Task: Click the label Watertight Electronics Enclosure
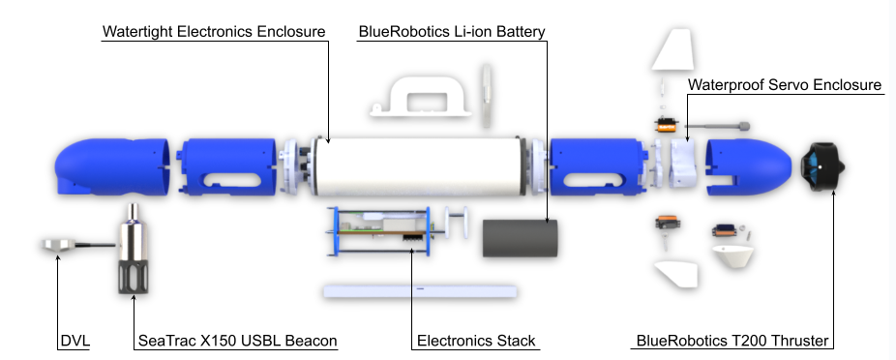click(214, 31)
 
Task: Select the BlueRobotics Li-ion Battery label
click(452, 31)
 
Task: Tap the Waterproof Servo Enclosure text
click(785, 85)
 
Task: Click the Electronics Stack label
click(475, 341)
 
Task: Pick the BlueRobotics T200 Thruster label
click(733, 341)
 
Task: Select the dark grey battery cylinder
click(521, 238)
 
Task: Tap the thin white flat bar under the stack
click(418, 289)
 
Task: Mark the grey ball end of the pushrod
click(745, 126)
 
